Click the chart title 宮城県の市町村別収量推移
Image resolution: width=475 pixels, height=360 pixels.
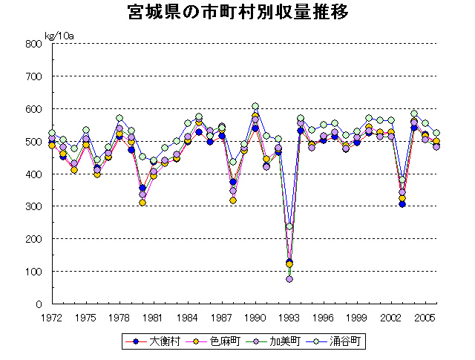[237, 13]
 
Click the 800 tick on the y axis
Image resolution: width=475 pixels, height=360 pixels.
[32, 44]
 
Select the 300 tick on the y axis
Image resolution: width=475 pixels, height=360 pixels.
[32, 206]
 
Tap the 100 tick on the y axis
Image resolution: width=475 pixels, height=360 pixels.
[32, 272]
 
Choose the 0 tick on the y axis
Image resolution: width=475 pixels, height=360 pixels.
[37, 304]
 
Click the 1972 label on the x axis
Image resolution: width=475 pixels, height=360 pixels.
[50, 318]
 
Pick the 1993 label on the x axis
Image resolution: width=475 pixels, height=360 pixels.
[289, 318]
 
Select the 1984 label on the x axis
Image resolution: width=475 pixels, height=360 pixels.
[187, 318]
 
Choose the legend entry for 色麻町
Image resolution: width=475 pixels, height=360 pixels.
[214, 341]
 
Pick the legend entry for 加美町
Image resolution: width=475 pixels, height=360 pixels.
[272, 341]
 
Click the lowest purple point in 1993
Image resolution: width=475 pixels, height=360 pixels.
[289, 279]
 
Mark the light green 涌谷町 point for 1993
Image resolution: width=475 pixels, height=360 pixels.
[289, 226]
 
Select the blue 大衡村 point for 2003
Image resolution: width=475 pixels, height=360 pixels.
[402, 203]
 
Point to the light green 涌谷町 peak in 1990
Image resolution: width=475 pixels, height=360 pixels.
[255, 106]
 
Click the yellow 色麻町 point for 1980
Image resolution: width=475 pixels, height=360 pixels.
[142, 203]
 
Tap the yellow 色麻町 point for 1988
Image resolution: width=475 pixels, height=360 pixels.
[233, 200]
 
